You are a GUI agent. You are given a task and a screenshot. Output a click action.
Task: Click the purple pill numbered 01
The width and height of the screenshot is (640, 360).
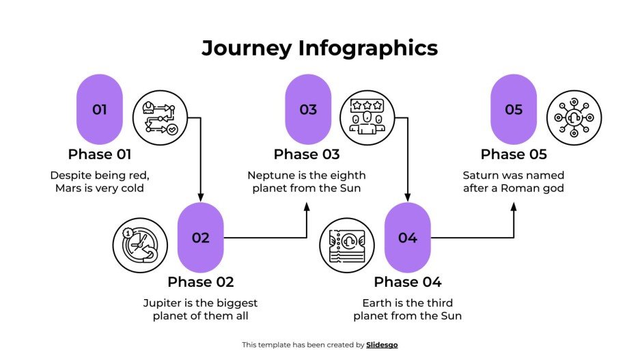[x=99, y=109]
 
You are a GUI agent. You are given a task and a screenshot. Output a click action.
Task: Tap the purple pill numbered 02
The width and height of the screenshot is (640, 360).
[x=200, y=238]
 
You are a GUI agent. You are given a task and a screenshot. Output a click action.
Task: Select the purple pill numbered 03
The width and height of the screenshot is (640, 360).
[x=307, y=109]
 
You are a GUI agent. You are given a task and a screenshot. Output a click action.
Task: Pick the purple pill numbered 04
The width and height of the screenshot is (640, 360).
[x=407, y=238]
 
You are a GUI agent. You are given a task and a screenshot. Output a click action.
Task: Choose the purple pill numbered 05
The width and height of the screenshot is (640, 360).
[x=514, y=109]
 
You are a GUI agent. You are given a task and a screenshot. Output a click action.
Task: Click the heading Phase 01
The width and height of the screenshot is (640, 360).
[x=99, y=154]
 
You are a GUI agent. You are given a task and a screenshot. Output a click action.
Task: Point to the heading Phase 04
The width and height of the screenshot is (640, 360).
[x=407, y=282]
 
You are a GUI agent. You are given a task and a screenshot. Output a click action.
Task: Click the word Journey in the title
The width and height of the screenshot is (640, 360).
[x=247, y=49]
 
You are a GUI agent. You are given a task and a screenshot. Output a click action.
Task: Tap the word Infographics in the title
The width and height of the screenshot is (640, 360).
[x=367, y=49]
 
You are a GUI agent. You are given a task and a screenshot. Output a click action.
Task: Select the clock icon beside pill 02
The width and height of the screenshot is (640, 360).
[x=140, y=245]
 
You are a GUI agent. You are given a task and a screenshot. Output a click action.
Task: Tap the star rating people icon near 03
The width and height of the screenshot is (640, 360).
[x=367, y=117]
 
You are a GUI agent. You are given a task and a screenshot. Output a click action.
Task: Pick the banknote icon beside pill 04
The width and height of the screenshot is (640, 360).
[x=347, y=245]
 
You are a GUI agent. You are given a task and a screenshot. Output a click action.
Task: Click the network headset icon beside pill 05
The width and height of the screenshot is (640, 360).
[x=574, y=117]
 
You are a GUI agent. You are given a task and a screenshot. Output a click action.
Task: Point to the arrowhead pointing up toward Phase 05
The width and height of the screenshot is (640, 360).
[x=514, y=206]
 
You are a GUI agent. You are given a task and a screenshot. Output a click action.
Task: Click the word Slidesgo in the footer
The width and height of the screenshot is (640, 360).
[x=382, y=345]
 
